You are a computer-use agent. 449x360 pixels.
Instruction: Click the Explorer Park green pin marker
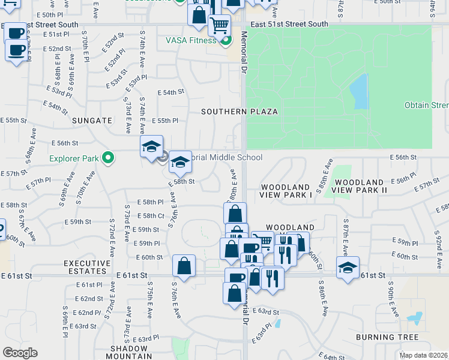tap(108, 158)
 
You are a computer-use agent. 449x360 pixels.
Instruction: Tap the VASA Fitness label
tap(191, 40)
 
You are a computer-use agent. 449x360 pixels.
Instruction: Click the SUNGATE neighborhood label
tap(92, 120)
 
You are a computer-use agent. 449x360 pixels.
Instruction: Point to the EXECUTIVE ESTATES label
tap(88, 268)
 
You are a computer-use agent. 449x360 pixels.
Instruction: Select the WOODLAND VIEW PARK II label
tap(361, 185)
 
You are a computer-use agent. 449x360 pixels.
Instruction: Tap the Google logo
tap(20, 352)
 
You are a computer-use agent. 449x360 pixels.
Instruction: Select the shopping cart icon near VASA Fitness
tap(220, 25)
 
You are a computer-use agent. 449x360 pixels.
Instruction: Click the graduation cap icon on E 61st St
tap(348, 267)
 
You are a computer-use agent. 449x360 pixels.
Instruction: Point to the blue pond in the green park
tap(359, 92)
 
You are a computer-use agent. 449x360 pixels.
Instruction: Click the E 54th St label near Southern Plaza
tap(170, 92)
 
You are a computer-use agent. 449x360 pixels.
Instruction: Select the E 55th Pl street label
tap(168, 121)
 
